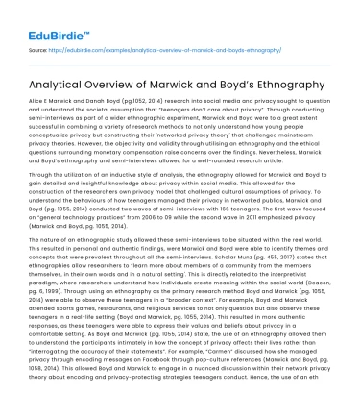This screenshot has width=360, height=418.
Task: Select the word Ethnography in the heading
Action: [x=279, y=86]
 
